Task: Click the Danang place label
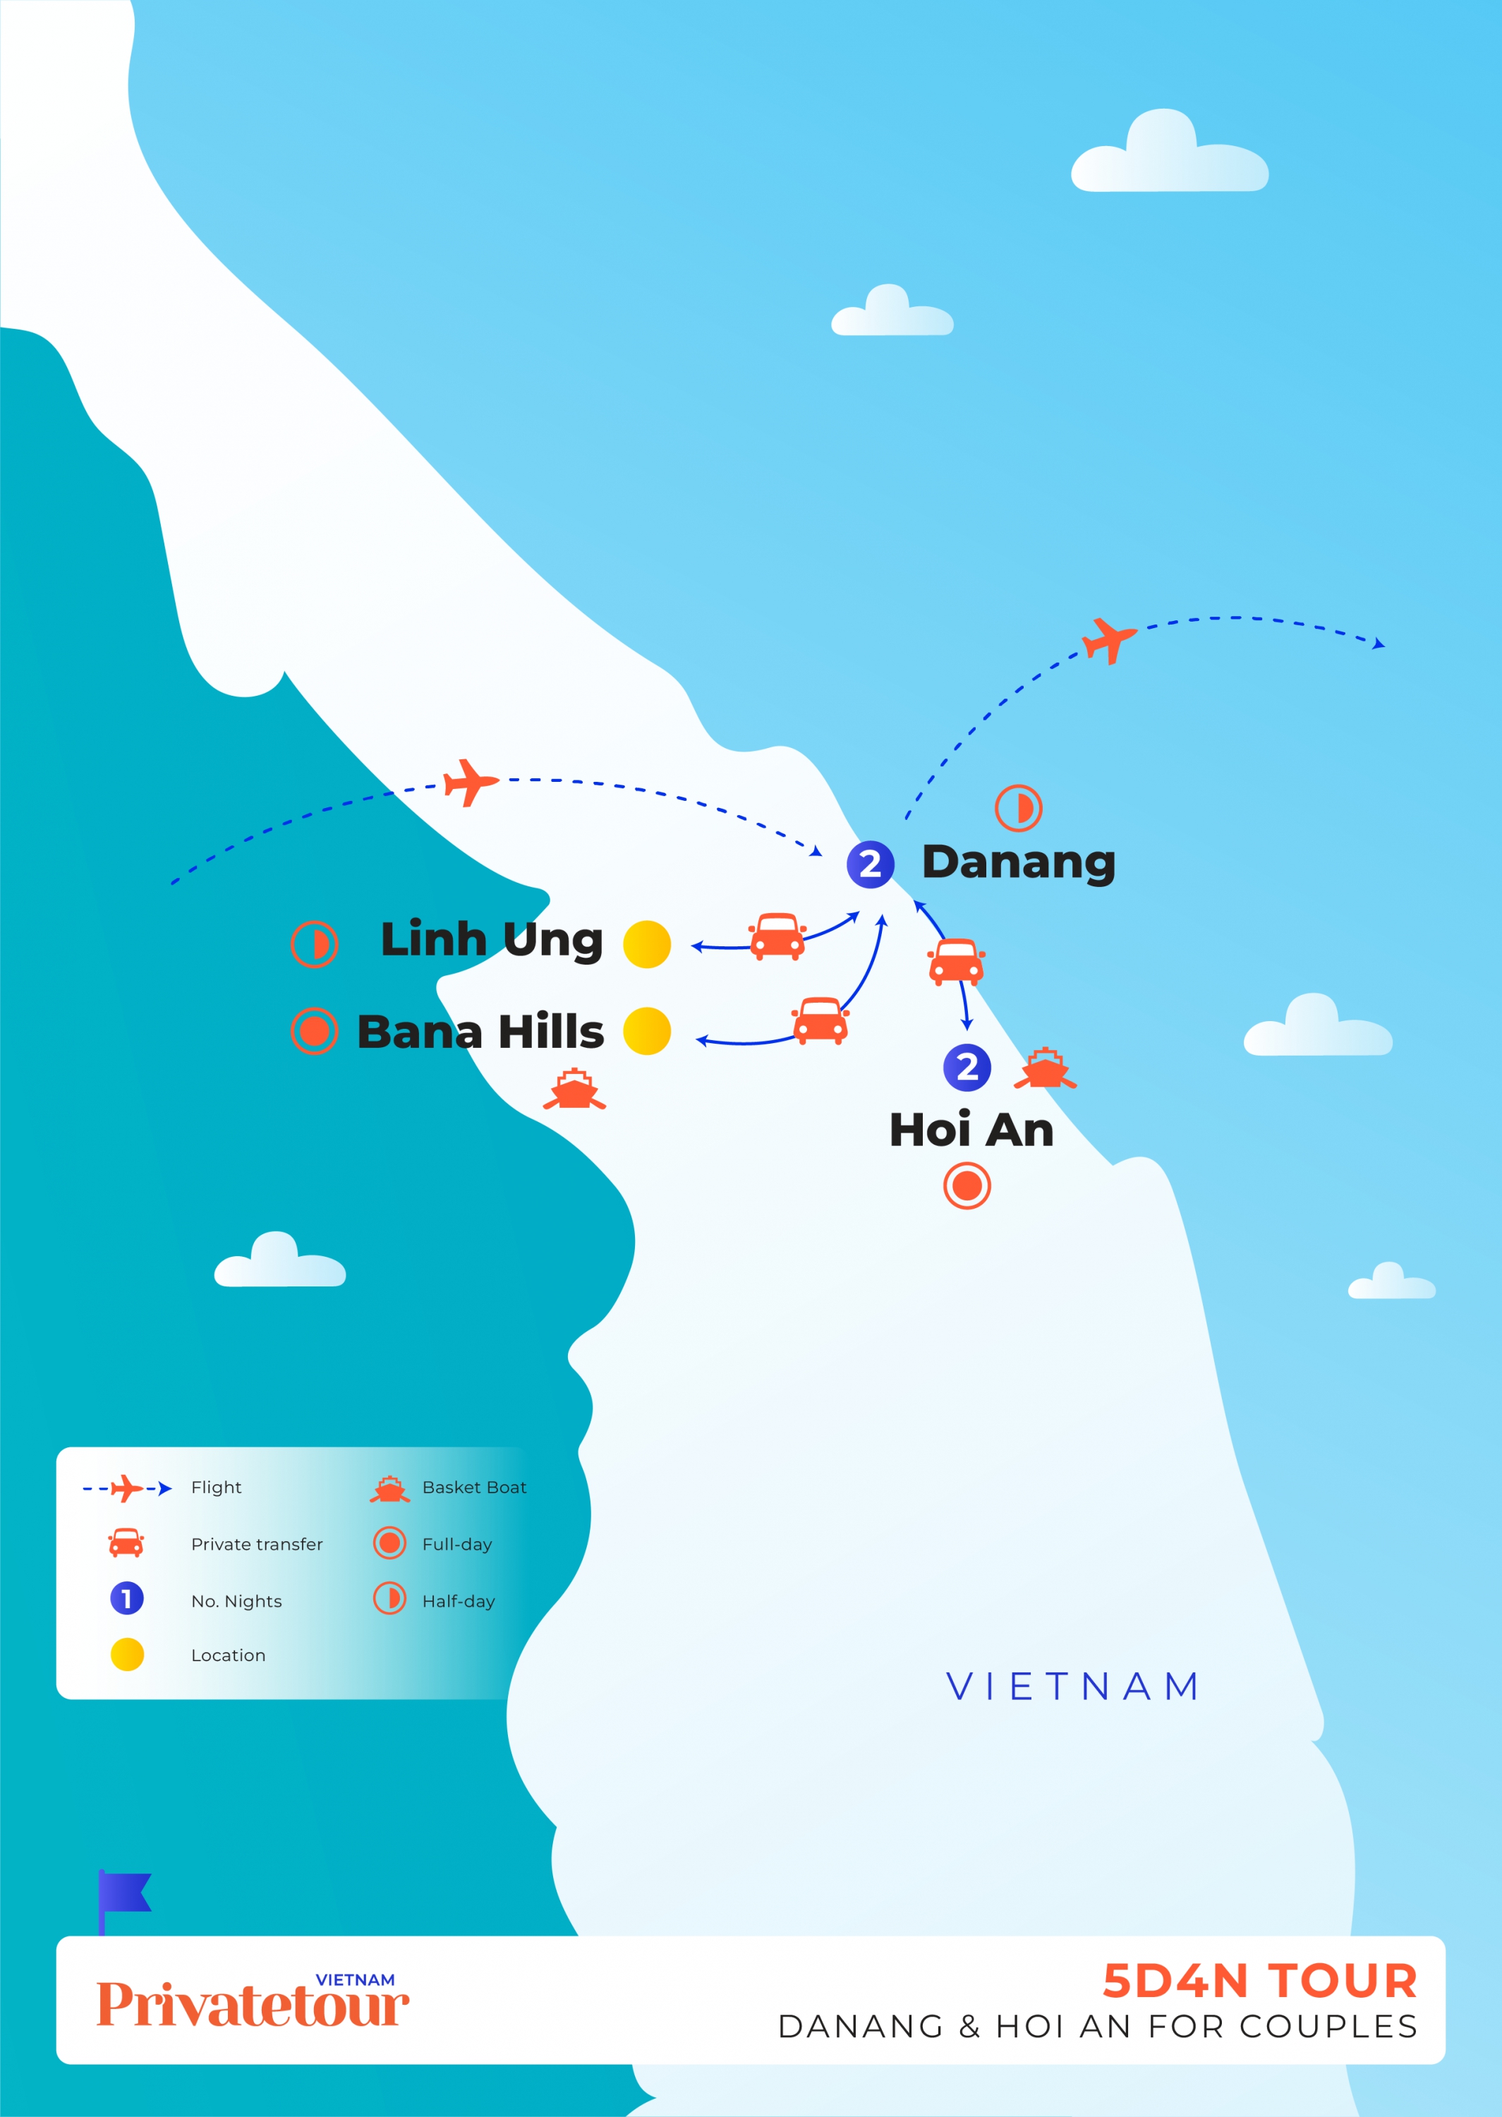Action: coord(1018,862)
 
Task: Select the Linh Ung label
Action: coord(491,941)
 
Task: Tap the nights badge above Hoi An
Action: coord(967,1067)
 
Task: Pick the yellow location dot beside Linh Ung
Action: coord(646,944)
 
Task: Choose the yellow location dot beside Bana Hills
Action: coord(646,1031)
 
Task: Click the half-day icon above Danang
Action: coord(1018,808)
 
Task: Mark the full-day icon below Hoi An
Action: coord(967,1186)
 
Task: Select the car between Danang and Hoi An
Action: coord(955,962)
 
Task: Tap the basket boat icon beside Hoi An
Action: coord(1045,1068)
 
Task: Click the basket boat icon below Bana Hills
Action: coord(574,1089)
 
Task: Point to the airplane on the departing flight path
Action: coord(1108,640)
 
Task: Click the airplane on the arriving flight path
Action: coord(470,783)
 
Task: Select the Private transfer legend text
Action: coord(257,1545)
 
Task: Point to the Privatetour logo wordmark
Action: coord(253,2004)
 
